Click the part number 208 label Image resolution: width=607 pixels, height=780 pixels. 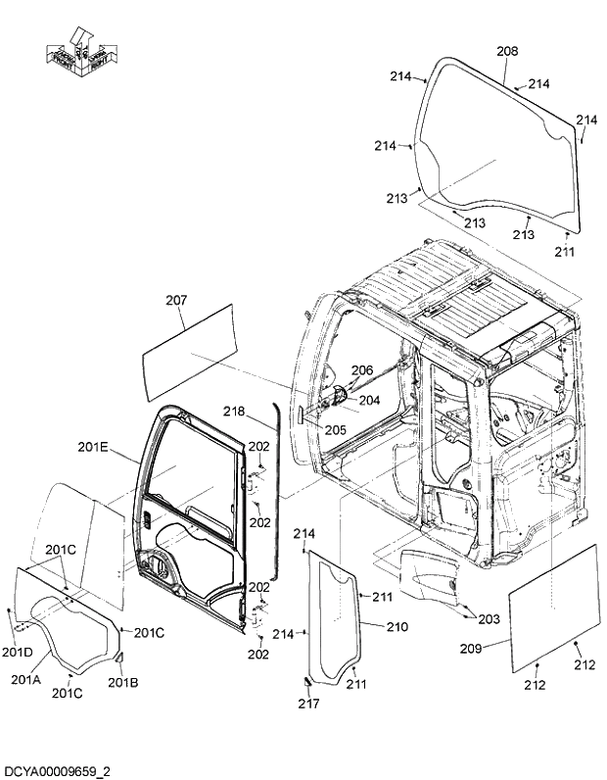pyautogui.click(x=507, y=51)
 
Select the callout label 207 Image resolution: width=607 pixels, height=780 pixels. pyautogui.click(x=175, y=300)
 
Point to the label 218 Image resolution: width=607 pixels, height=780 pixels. pyautogui.click(x=234, y=411)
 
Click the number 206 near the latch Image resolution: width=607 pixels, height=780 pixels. pyautogui.click(x=362, y=369)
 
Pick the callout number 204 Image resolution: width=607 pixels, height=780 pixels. pyautogui.click(x=368, y=399)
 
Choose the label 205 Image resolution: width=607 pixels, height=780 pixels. pyautogui.click(x=336, y=427)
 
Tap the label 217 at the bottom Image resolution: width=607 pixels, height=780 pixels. pyautogui.click(x=309, y=703)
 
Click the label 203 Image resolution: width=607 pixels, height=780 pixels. pyautogui.click(x=489, y=618)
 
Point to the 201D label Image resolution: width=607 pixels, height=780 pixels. pyautogui.click(x=17, y=653)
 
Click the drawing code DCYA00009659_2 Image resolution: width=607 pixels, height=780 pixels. pyautogui.click(x=56, y=770)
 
